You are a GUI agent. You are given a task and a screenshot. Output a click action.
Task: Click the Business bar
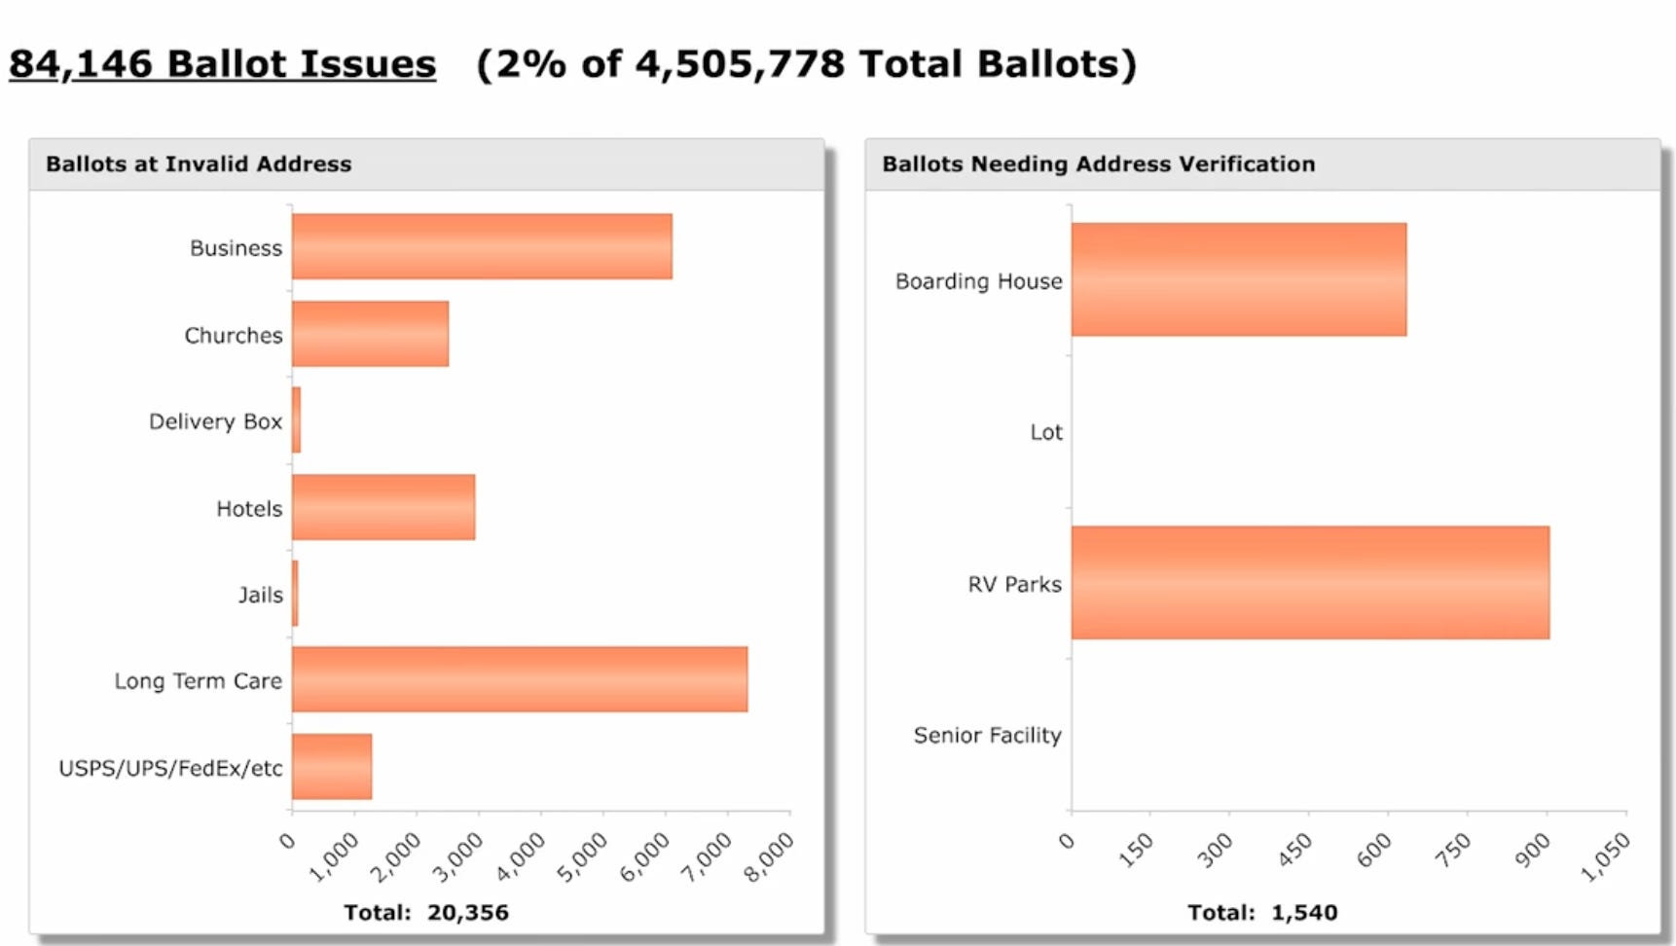coord(482,246)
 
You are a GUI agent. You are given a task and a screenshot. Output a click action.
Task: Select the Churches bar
coord(370,334)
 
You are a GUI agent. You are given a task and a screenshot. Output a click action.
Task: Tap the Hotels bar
coord(383,507)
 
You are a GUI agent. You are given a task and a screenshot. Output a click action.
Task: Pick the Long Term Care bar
coord(520,679)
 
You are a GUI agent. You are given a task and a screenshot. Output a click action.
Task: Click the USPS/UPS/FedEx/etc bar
coord(332,766)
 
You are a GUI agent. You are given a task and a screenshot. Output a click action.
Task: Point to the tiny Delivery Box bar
coord(297,420)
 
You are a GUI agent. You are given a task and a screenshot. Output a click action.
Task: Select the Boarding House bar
coord(1238,280)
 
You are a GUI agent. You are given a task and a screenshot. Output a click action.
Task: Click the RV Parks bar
coord(1310,583)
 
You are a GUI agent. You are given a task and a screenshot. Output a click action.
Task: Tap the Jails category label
coord(261,595)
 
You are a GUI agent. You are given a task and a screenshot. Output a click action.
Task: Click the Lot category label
coord(1046,432)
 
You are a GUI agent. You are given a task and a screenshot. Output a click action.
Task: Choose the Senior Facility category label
coord(987,736)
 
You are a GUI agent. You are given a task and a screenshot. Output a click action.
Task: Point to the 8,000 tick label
coord(769,856)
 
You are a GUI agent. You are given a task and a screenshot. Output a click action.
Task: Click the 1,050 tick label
coord(1605,856)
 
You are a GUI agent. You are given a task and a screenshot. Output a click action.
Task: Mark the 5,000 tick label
coord(582,856)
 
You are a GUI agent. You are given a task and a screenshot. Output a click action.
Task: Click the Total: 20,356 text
coord(426,913)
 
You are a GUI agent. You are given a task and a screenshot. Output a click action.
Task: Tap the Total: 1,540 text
coord(1262,913)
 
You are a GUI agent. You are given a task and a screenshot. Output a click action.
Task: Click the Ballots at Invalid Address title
coord(199,164)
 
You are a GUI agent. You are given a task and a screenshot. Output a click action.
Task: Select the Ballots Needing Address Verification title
coord(1098,164)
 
